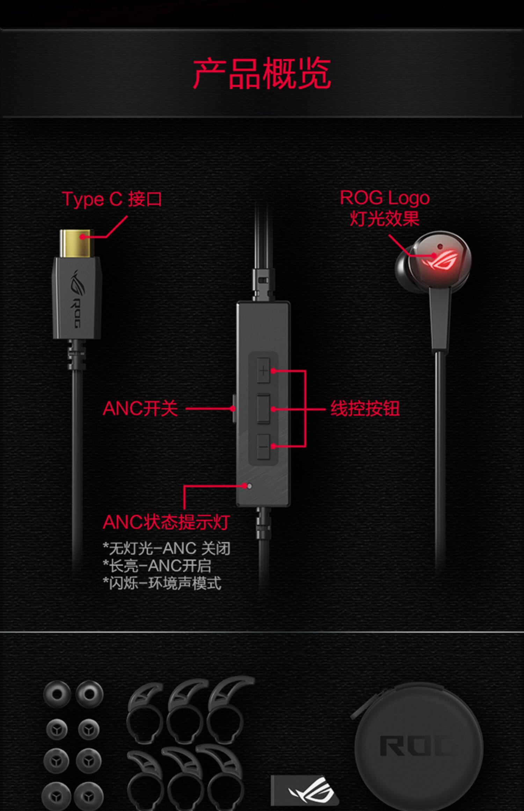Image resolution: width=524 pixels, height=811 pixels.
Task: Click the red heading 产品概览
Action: point(262,74)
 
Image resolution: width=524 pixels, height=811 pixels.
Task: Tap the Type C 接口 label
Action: point(112,199)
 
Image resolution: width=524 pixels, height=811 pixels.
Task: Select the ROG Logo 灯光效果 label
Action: point(385,208)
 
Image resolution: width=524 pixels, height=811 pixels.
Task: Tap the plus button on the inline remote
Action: point(263,370)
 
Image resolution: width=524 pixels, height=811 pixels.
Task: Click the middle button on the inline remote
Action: point(263,408)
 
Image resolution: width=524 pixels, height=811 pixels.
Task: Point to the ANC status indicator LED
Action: point(249,486)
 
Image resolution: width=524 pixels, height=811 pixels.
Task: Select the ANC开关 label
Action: point(140,408)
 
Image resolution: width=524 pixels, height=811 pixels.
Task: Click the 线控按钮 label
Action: point(365,408)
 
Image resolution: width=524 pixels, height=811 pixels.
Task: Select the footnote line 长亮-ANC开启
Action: point(157,566)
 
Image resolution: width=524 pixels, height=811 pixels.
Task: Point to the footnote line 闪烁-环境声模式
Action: point(162,583)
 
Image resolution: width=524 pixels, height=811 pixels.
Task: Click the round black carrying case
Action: point(419,747)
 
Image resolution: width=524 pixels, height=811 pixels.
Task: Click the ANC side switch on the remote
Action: point(234,408)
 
